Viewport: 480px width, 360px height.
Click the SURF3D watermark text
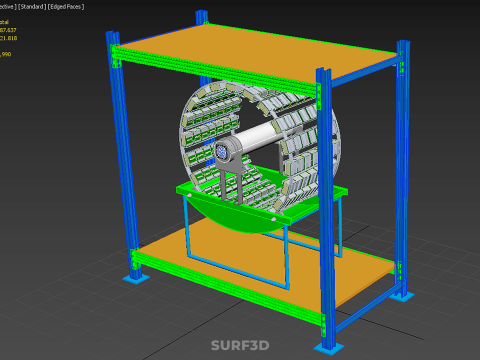click(x=239, y=346)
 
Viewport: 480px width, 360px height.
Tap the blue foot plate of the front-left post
click(x=132, y=277)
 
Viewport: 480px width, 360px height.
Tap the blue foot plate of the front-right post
click(x=327, y=346)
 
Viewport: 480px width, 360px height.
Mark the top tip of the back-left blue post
click(x=200, y=13)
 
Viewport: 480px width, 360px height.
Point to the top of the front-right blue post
click(x=323, y=72)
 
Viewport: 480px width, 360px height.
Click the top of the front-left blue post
click(x=111, y=33)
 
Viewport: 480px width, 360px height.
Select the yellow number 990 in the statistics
click(x=6, y=54)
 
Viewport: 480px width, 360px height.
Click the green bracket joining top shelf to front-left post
click(x=118, y=55)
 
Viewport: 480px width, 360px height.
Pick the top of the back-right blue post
click(x=402, y=44)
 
